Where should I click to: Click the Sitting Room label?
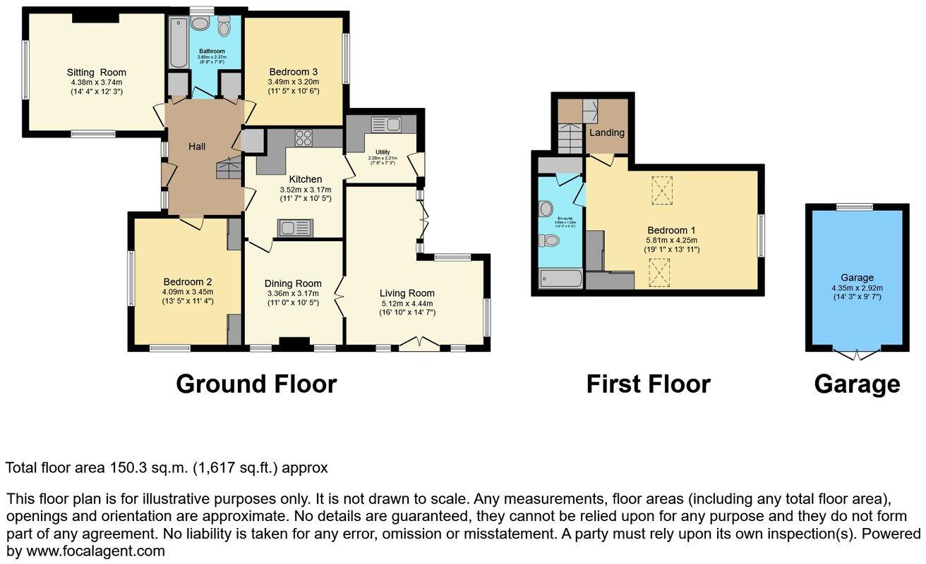pyautogui.click(x=96, y=72)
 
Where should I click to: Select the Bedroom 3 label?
pyautogui.click(x=294, y=72)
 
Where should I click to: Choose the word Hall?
pyautogui.click(x=197, y=147)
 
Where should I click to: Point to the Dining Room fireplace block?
pyautogui.click(x=294, y=343)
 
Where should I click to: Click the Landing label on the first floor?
pyautogui.click(x=607, y=133)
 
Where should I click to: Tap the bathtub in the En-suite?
pyautogui.click(x=561, y=280)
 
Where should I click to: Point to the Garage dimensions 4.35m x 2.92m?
pyautogui.click(x=857, y=288)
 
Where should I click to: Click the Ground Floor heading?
pyautogui.click(x=256, y=384)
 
